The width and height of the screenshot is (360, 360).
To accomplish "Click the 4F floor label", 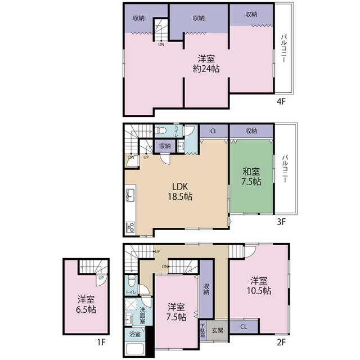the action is pos(281,101).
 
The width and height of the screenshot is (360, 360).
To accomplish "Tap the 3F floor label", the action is pos(281,222).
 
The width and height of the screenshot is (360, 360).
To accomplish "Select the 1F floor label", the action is pos(101,343).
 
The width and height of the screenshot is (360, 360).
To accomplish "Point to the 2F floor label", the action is pos(281,343).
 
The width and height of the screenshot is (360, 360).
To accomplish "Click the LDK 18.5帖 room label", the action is pos(180,192).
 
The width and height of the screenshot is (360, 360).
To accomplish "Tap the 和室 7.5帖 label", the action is pos(251,176).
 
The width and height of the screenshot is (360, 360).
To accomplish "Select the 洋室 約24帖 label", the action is pos(206,64).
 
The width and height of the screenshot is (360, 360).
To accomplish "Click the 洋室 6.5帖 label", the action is pos(86,305).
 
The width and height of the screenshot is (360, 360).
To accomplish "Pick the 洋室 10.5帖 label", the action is pos(259,286).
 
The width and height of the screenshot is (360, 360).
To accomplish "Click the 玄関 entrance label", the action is pos(217,330).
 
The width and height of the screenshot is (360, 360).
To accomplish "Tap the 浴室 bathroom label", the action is pos(134,334).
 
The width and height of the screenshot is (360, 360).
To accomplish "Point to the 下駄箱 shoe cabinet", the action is pos(203,331).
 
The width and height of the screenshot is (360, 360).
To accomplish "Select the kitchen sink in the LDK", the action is pos(130,195).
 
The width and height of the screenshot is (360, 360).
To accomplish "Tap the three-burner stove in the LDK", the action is pos(130,227).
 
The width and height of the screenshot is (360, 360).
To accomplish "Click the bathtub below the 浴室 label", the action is pos(136,349).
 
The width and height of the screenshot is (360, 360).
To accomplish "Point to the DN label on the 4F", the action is pos(161,44).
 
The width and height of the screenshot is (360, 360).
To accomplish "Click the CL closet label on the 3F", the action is pos(214,131).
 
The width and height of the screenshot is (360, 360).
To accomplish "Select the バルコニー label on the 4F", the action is pos(284,48).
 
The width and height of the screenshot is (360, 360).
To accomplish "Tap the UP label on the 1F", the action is pos(101,278).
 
